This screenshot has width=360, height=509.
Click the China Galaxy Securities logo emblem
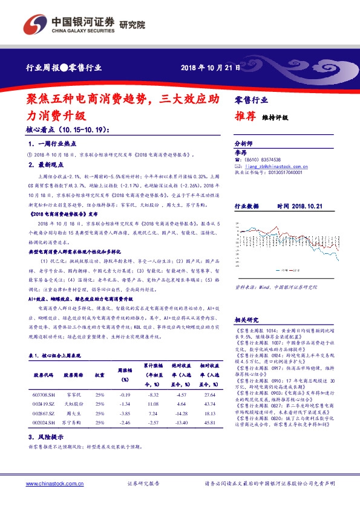coord(34,24)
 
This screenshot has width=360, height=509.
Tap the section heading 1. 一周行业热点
coord(53,145)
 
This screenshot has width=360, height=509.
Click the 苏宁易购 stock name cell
coord(72,439)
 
